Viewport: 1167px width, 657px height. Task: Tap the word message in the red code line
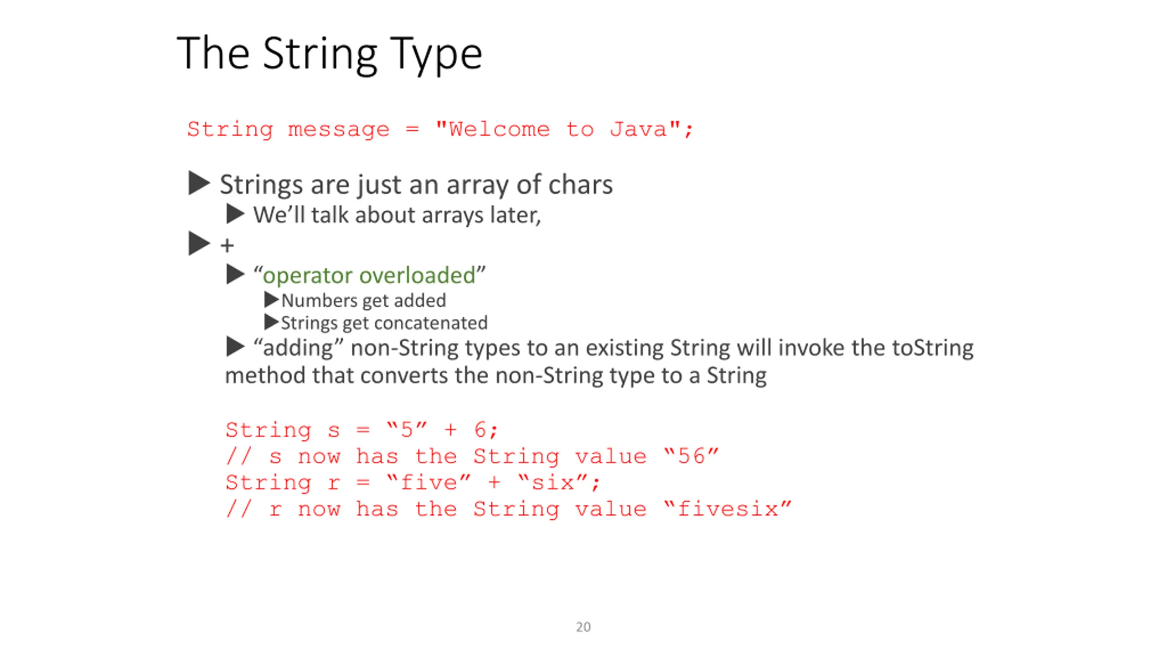coord(339,130)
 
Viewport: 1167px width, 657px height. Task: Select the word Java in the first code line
coord(639,129)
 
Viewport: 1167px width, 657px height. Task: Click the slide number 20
coord(583,627)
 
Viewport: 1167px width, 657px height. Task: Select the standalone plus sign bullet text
coord(227,246)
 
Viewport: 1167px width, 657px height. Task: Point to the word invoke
coord(811,348)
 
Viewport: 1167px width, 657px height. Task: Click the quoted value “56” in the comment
coord(691,456)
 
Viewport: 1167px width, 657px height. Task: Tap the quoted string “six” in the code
coord(553,482)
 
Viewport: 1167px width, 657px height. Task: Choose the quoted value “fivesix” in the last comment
coord(728,509)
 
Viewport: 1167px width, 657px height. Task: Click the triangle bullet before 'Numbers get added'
coord(271,300)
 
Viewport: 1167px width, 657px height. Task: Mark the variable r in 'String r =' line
coord(334,483)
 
